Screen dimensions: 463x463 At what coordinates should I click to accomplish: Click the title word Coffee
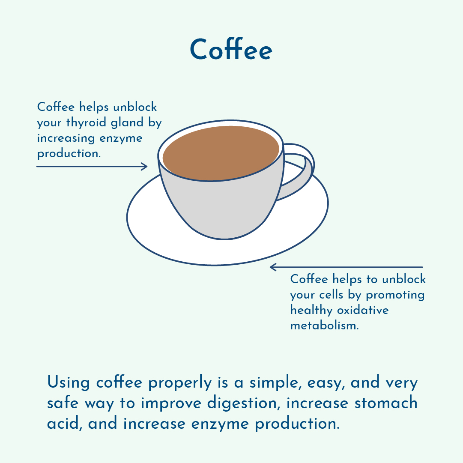point(231,50)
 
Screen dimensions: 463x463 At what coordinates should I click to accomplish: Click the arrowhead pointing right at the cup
point(145,166)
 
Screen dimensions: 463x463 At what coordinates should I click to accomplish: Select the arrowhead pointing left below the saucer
point(273,267)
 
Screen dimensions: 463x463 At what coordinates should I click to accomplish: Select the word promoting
point(395,295)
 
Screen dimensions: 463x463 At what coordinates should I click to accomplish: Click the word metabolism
point(324,325)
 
